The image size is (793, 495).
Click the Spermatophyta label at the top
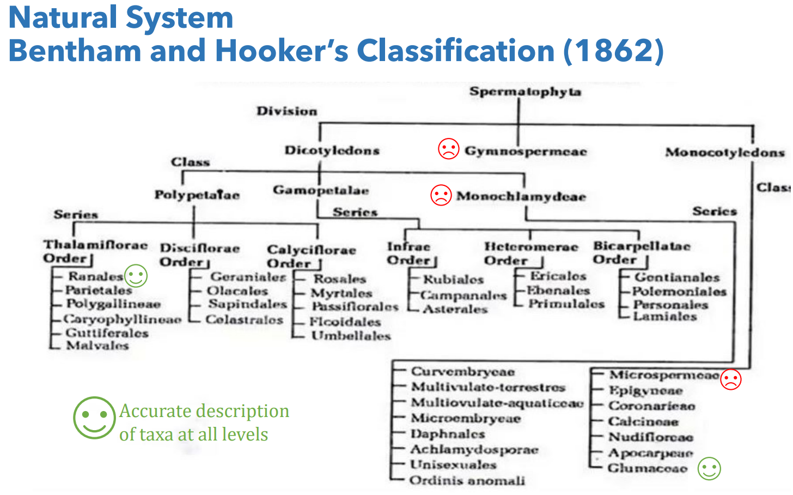tap(525, 92)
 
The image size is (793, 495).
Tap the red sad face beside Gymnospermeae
tap(449, 148)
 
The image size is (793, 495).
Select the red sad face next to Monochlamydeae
tap(441, 195)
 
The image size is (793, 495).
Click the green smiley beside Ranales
tap(136, 276)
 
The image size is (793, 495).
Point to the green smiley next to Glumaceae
tap(709, 468)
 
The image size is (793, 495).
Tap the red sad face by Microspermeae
tap(731, 379)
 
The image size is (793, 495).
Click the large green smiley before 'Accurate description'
tap(94, 418)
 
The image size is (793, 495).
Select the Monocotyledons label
tap(724, 153)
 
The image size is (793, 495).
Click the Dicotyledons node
tap(332, 150)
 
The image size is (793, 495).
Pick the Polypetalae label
tap(197, 195)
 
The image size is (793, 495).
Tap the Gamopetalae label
tap(321, 190)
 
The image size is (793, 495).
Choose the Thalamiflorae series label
tap(95, 245)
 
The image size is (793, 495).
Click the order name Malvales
tap(97, 345)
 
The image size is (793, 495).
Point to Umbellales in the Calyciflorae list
tap(351, 336)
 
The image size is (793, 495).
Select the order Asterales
tap(455, 309)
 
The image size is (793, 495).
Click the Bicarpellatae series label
tap(642, 246)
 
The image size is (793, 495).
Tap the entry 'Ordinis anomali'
tap(467, 480)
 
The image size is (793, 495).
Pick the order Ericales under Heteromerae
tap(558, 276)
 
